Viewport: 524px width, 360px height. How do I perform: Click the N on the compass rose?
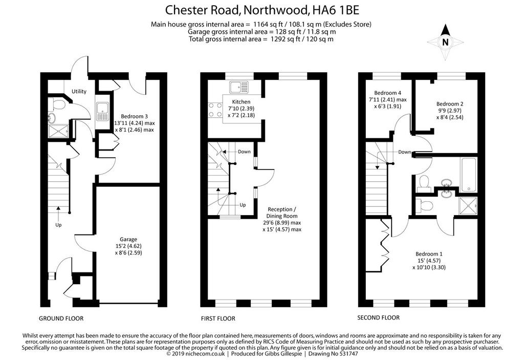(445, 43)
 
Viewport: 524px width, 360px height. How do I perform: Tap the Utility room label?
(79, 91)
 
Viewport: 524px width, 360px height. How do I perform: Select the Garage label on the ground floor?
(128, 239)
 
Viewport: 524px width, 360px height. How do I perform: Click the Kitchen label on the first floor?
(241, 102)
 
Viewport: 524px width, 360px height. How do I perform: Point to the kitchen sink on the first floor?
(239, 87)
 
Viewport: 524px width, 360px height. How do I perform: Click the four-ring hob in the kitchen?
(215, 110)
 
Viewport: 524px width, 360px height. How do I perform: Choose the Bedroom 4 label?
(388, 93)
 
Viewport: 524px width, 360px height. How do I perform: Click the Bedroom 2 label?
(450, 104)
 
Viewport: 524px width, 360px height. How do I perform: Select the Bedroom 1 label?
(429, 254)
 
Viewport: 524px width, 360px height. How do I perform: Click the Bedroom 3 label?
(134, 116)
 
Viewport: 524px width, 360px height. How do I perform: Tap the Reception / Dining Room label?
(282, 213)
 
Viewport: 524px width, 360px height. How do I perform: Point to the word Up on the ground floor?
(58, 225)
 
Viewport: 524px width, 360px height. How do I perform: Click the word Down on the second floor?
(404, 152)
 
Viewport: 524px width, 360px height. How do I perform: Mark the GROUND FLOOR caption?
(61, 319)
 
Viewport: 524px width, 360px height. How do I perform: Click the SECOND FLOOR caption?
(378, 317)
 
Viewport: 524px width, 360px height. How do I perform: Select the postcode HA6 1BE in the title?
(336, 10)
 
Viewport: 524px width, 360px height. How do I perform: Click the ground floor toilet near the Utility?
(57, 104)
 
